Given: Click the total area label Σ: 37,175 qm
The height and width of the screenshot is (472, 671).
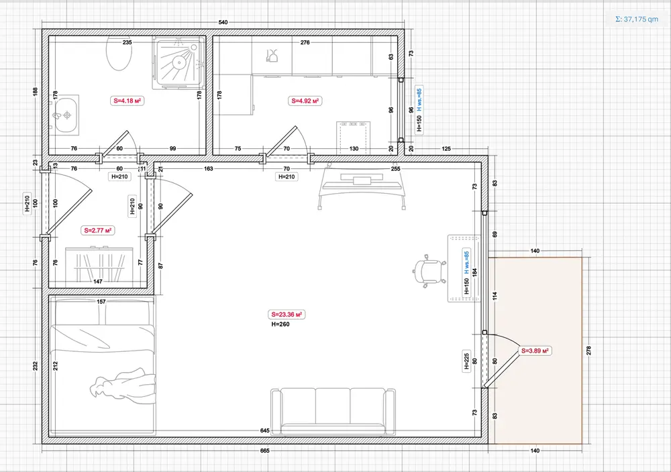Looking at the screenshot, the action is pos(636,19).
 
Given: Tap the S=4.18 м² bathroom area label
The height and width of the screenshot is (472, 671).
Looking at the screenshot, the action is pos(127,101).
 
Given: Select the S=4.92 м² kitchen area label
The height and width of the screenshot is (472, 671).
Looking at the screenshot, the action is pos(305,101).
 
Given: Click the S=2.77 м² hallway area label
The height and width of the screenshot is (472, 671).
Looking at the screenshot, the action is pos(97,231).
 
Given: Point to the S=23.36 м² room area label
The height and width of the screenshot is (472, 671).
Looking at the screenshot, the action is pos(287,314).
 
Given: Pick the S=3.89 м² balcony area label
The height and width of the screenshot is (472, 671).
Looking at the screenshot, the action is pos(535,351).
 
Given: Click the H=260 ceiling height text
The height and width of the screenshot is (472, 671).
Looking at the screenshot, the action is pos(280,324).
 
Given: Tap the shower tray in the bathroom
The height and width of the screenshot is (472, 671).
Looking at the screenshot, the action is pos(179,62).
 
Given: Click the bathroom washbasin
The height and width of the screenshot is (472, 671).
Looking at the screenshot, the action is pos(66,115).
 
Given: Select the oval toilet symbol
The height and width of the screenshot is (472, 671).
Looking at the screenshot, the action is pos(119,53).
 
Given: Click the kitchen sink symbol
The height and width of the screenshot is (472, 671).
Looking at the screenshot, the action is pos(272,56).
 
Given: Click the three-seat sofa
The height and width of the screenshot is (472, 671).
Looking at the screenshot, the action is pos(333,412).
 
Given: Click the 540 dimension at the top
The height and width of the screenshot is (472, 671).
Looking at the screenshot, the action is pos(223,22).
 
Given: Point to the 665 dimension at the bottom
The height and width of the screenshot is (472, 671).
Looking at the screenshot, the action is pos(265,450).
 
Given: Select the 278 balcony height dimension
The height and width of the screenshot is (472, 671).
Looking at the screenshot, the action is pos(589,351).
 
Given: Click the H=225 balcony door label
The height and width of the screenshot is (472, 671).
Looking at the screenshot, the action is pos(466,361).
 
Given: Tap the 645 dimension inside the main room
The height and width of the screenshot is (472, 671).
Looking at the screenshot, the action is pos(265,430).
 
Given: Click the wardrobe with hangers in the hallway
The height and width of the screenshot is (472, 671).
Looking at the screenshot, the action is pos(99,265).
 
